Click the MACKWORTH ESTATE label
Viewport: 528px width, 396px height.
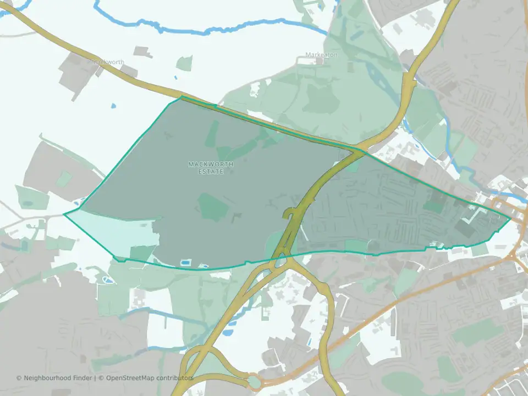click(211, 168)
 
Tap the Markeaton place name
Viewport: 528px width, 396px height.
click(321, 55)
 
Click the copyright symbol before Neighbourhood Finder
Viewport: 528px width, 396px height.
click(19, 378)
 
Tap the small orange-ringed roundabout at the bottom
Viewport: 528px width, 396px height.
click(254, 381)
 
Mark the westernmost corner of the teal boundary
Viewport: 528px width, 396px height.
click(64, 214)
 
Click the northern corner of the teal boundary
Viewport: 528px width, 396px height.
click(182, 97)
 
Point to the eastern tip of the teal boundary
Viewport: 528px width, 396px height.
click(511, 219)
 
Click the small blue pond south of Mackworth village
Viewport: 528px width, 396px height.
click(114, 106)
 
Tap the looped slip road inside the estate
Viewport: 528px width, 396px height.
click(289, 213)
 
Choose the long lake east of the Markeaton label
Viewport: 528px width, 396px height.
click(380, 77)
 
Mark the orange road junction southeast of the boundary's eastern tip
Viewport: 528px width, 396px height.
click(515, 255)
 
